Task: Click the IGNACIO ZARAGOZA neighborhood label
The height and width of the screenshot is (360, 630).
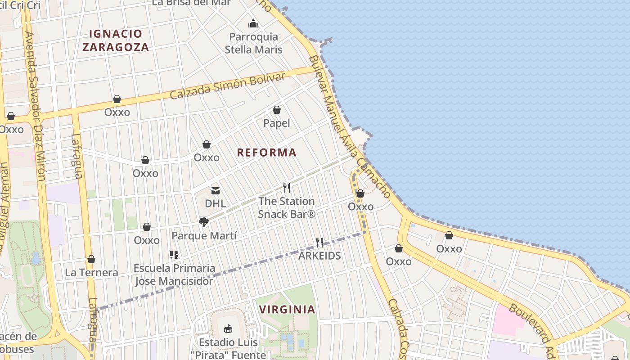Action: tap(116, 40)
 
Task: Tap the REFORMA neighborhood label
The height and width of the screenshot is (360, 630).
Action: tap(267, 153)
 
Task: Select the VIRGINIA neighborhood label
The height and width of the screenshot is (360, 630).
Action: tap(287, 309)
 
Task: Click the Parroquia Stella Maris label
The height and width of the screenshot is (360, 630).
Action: tap(254, 43)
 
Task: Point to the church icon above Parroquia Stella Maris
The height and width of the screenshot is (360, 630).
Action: tap(253, 23)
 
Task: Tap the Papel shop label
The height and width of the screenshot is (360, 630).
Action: tap(276, 123)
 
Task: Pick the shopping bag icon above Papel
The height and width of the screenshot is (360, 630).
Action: tap(277, 110)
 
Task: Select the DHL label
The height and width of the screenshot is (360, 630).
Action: tap(215, 203)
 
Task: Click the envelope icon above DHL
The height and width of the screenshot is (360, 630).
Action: tap(216, 191)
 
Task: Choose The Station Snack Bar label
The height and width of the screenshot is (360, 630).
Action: tap(287, 207)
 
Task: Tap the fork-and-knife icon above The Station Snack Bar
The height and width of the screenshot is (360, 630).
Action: tap(286, 188)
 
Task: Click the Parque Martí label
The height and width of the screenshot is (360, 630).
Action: tap(204, 235)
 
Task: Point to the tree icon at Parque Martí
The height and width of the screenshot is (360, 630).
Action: tap(203, 222)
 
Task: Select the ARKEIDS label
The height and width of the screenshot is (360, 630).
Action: tap(319, 256)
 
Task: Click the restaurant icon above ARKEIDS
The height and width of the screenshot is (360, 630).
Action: tap(319, 243)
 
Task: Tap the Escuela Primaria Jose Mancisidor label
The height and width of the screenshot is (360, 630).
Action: tap(174, 275)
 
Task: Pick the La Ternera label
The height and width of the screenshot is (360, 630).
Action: tap(91, 273)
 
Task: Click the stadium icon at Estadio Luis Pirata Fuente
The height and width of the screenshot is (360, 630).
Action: tap(228, 329)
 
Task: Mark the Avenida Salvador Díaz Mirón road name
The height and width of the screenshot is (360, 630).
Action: tap(36, 106)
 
